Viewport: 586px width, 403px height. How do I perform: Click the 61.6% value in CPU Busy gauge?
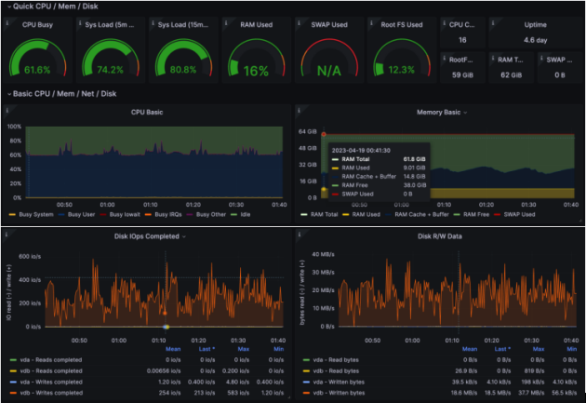click(x=37, y=70)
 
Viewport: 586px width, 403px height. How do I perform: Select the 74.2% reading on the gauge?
click(x=110, y=70)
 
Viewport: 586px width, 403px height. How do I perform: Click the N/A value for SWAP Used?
click(x=327, y=70)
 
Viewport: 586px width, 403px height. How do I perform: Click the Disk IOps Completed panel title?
click(x=145, y=236)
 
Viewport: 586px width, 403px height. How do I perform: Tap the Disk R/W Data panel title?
click(x=439, y=236)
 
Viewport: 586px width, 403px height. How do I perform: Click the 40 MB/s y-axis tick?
click(x=321, y=253)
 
